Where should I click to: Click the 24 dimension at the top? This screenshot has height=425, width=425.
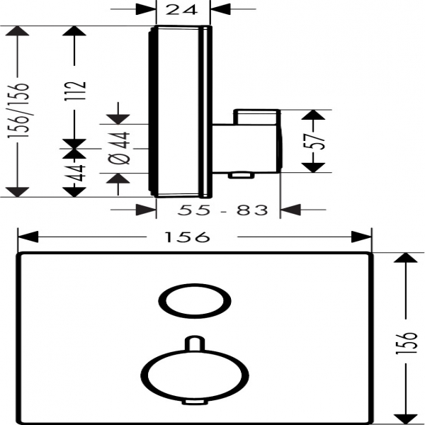coord(181,10)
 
